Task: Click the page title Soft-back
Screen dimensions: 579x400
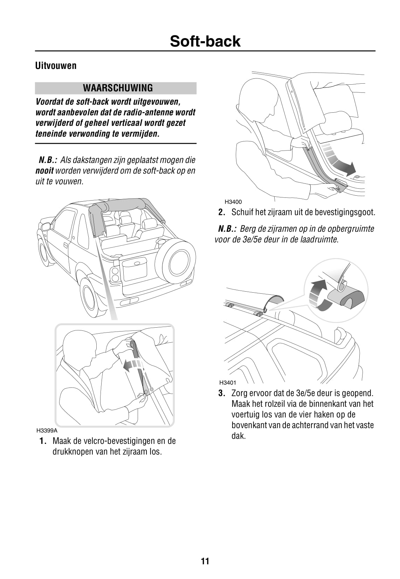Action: (x=205, y=41)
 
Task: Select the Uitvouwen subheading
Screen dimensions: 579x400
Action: (x=56, y=66)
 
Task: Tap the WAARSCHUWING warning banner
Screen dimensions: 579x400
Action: (x=116, y=88)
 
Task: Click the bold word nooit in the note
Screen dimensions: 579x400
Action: (x=44, y=171)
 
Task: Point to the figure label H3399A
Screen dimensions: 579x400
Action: (x=47, y=430)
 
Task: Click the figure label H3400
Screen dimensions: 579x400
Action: (x=233, y=202)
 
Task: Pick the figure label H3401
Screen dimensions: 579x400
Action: (x=228, y=383)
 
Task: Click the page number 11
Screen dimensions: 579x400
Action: (x=205, y=561)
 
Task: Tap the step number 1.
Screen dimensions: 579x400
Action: (x=43, y=441)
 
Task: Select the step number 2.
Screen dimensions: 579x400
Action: (x=221, y=212)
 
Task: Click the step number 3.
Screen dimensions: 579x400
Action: (x=221, y=393)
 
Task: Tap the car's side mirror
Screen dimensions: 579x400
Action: (x=45, y=227)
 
